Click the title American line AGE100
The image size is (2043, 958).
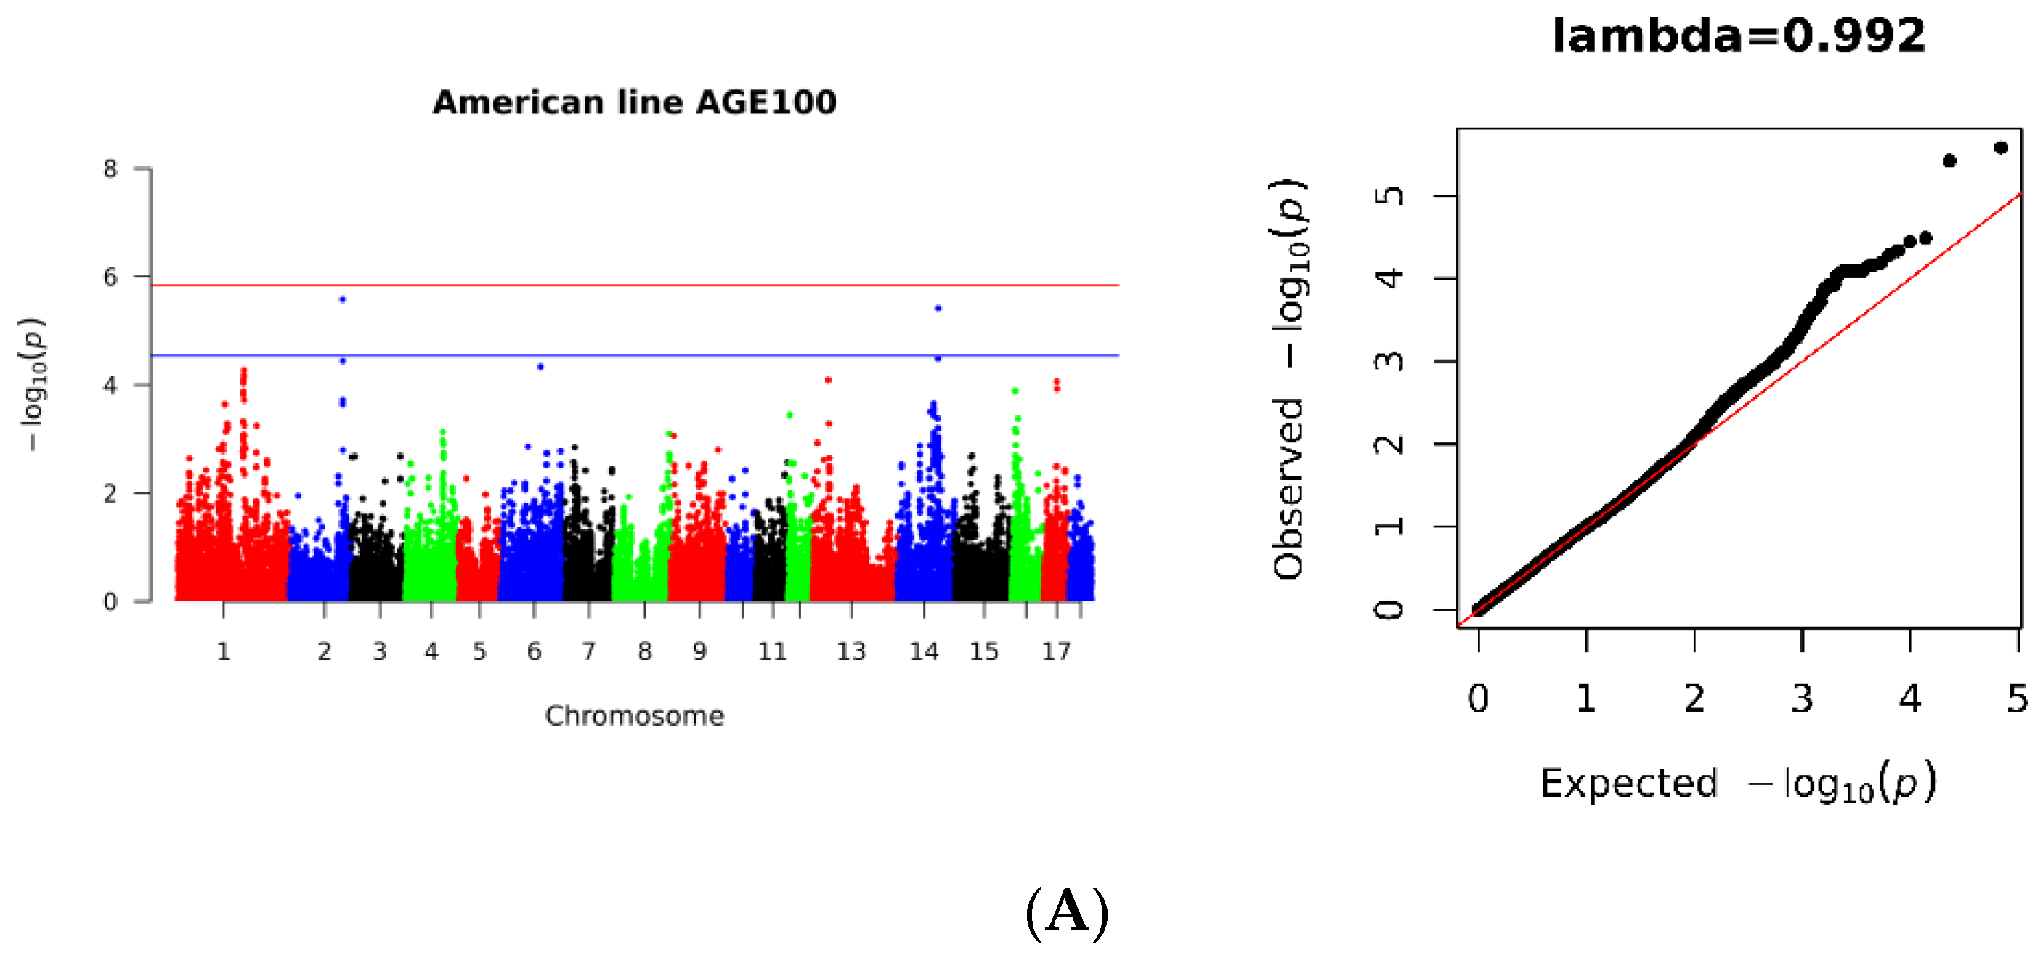634,102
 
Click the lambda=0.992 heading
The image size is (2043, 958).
1738,36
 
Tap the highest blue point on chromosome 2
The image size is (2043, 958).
343,299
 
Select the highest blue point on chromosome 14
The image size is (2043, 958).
938,308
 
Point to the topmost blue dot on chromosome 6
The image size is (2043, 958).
540,366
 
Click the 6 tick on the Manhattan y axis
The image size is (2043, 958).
110,277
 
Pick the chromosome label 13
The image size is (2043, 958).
851,652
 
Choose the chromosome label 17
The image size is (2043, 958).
1055,652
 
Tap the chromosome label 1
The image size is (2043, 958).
223,652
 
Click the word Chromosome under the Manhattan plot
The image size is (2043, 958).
634,716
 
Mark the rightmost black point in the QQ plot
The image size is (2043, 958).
2000,147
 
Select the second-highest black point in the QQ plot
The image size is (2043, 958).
1949,161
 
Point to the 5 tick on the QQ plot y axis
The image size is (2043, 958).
1388,195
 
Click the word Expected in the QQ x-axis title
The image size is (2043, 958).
1628,784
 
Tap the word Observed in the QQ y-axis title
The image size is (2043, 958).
1288,489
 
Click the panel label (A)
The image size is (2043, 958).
1067,912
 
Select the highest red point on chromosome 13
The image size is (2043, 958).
828,380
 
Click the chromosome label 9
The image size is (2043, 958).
699,652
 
